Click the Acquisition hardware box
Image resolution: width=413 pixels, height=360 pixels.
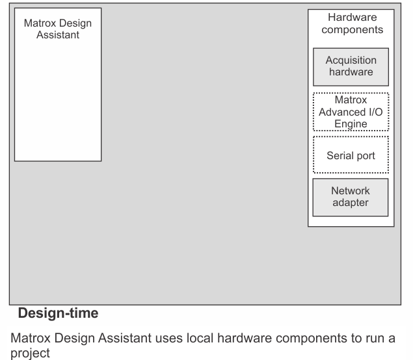coord(351,67)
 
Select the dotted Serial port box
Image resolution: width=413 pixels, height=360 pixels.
coord(351,155)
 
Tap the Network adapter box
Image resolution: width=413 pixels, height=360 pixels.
coord(351,198)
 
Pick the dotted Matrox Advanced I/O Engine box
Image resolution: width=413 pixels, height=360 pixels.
coord(351,112)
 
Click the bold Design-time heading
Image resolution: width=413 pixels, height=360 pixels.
coord(58,313)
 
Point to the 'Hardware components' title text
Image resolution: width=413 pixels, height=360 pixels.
coord(353,23)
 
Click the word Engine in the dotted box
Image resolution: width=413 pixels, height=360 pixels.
coord(351,123)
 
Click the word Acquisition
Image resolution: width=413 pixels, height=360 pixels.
coord(351,60)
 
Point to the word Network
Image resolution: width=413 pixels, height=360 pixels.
coord(351,191)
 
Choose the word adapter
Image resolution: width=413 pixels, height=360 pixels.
coord(351,203)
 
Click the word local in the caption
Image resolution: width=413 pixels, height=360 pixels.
coord(200,338)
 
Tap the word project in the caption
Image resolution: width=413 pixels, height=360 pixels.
coord(31,354)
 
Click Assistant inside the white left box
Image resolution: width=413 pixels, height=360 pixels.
coord(58,35)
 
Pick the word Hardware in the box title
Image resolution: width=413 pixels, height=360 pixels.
coord(353,18)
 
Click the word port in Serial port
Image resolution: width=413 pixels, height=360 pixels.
coord(366,156)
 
